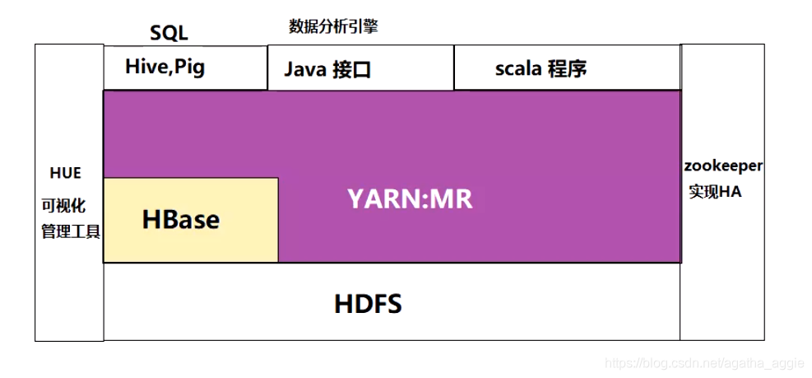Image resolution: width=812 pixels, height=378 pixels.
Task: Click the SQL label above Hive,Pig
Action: tap(169, 33)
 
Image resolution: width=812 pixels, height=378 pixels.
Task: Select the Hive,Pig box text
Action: tap(165, 67)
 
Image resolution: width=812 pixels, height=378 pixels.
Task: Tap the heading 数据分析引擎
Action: tap(333, 26)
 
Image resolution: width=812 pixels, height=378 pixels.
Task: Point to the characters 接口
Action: tap(352, 70)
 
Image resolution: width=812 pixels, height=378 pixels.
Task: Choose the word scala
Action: tap(517, 68)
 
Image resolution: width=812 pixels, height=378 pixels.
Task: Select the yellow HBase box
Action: tap(190, 220)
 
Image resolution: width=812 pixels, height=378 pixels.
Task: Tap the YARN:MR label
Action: tap(410, 199)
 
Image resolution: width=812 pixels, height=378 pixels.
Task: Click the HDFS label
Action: tap(368, 304)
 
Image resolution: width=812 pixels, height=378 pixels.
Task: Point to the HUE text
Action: tap(66, 173)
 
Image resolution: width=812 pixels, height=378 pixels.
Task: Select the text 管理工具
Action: tap(71, 231)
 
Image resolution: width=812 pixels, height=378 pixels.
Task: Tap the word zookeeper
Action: tap(723, 166)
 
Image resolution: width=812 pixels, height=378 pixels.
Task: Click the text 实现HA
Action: tap(715, 192)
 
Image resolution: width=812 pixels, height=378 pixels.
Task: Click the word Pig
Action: tap(188, 68)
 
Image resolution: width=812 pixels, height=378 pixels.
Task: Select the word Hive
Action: tap(145, 67)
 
